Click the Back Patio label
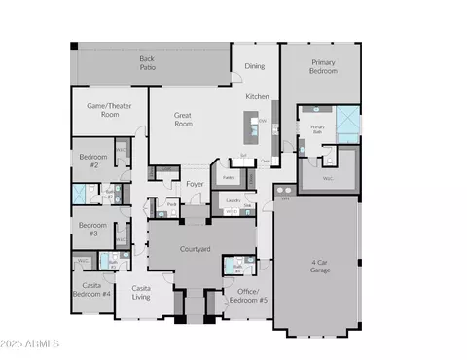[146, 63]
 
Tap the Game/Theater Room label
[109, 109]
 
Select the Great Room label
[183, 120]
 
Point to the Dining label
[254, 66]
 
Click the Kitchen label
[257, 96]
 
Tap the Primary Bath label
[317, 128]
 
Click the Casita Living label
[141, 292]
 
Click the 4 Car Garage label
[320, 265]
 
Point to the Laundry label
[233, 201]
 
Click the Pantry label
[229, 177]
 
